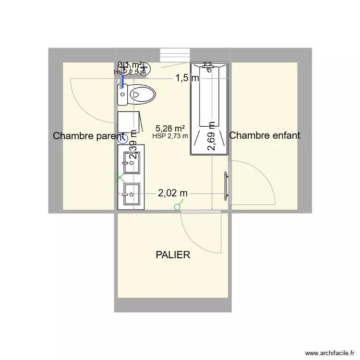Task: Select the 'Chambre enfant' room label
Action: point(265,135)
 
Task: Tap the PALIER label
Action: point(173,255)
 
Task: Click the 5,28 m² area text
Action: point(170,128)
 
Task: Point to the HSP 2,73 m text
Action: point(170,136)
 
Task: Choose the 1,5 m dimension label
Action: point(187,78)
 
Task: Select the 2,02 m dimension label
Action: point(173,193)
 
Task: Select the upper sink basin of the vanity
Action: point(131,163)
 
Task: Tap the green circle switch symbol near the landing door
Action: point(178,207)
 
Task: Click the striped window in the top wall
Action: point(175,55)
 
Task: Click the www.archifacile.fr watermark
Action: point(329,352)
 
